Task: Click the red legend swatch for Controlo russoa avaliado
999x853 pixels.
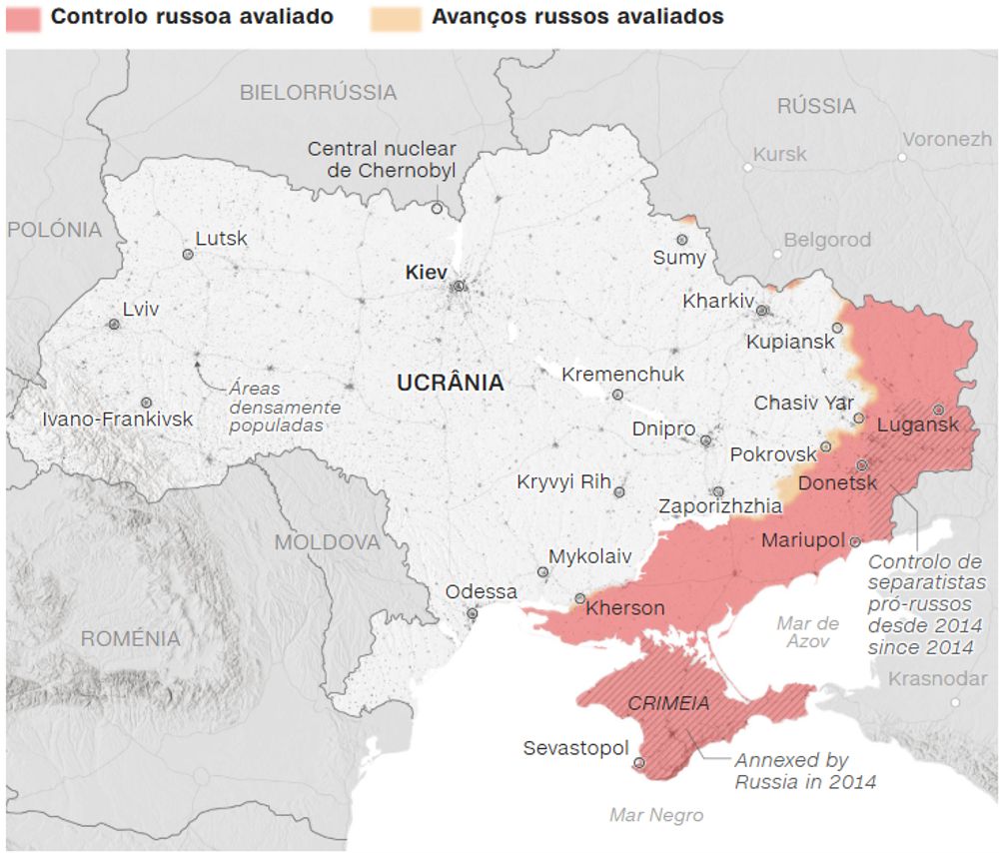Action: point(23,18)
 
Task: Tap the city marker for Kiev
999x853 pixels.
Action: point(459,286)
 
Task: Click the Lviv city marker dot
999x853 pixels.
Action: point(114,325)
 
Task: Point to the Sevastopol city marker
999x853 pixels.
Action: point(638,762)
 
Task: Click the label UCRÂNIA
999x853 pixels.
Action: point(451,383)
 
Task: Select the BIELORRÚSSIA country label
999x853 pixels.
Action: point(318,93)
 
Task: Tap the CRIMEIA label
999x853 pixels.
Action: point(668,704)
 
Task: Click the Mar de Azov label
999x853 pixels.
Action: point(807,632)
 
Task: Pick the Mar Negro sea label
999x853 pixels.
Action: point(656,815)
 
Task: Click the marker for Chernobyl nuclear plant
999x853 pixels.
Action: point(437,208)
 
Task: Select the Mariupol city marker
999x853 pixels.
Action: point(855,541)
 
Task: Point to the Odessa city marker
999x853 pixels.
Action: point(472,613)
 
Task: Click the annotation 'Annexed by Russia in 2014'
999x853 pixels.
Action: point(805,771)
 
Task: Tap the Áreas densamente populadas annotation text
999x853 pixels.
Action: point(285,407)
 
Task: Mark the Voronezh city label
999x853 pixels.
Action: point(947,140)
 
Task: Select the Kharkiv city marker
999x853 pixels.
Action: point(761,311)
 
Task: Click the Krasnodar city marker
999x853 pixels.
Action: point(955,702)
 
